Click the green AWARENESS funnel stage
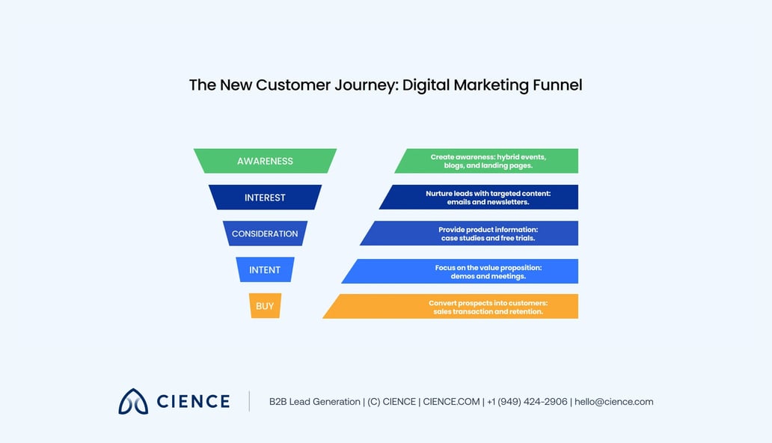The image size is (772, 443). pyautogui.click(x=265, y=161)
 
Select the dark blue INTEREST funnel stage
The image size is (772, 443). pyautogui.click(x=265, y=198)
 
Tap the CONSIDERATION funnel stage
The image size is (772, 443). pyautogui.click(x=265, y=233)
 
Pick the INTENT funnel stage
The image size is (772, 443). pyautogui.click(x=265, y=270)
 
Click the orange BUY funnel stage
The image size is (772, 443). pyautogui.click(x=265, y=306)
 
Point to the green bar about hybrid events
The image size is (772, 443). pyautogui.click(x=488, y=161)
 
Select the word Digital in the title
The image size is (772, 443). pyautogui.click(x=427, y=85)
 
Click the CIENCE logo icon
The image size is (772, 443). pyautogui.click(x=133, y=401)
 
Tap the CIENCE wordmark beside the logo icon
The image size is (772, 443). pyautogui.click(x=193, y=402)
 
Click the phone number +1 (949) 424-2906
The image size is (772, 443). pyautogui.click(x=527, y=402)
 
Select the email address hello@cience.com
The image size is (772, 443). pyautogui.click(x=613, y=402)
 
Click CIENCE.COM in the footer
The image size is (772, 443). pyautogui.click(x=451, y=402)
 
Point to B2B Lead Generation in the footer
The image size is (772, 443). pyautogui.click(x=314, y=402)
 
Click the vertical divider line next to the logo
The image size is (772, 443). pyautogui.click(x=249, y=401)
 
